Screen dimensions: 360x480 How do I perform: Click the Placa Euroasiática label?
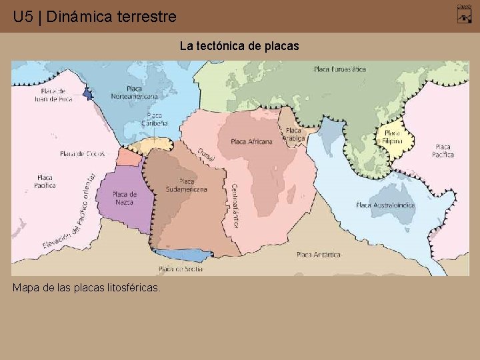tap(340, 69)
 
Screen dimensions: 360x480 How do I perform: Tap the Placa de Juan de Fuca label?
tap(53, 94)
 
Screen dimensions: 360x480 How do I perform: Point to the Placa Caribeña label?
tap(155, 119)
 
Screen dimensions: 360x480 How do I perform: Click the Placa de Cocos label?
tap(83, 153)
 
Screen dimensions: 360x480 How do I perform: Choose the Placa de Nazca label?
tap(125, 198)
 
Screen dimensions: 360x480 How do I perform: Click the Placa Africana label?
tap(251, 141)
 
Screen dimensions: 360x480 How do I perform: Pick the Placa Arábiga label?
tap(293, 135)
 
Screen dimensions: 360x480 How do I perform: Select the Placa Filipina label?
tap(393, 137)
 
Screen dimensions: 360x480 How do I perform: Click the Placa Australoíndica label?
tap(385, 205)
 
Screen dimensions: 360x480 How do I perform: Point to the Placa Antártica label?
tap(319, 255)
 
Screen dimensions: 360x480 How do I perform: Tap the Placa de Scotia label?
tap(181, 269)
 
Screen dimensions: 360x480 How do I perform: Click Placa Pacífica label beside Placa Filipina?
tap(443, 151)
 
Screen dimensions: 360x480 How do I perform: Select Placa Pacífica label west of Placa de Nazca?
tap(45, 181)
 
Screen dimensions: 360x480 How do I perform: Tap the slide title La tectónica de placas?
tap(240, 46)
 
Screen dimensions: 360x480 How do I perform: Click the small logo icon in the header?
tap(465, 14)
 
